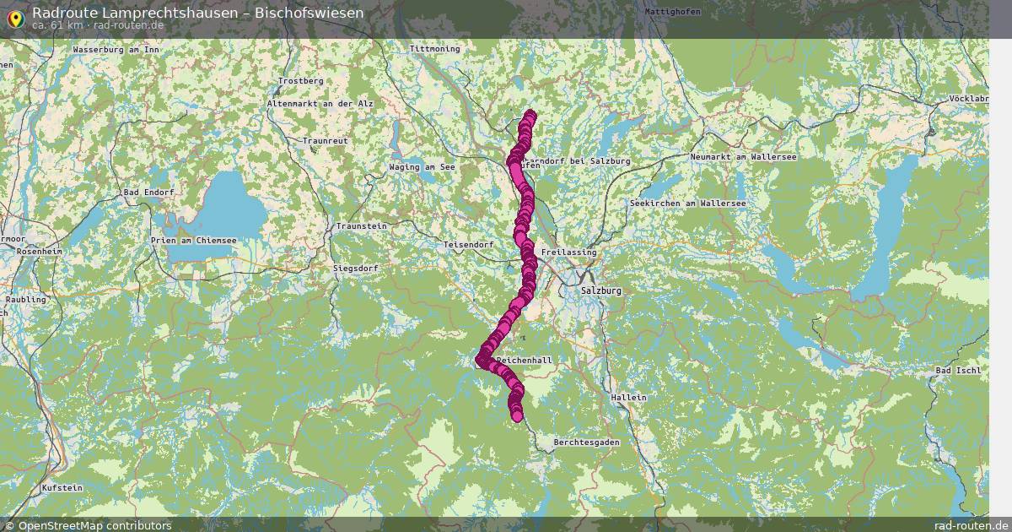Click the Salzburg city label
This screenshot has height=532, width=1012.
click(x=600, y=290)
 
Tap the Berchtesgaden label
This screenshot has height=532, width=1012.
click(x=587, y=442)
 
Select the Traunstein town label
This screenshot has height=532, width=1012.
click(x=361, y=226)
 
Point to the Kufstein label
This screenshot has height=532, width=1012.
click(x=62, y=488)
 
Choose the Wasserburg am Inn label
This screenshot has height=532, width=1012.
click(x=116, y=50)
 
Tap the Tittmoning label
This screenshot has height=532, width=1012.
click(x=434, y=49)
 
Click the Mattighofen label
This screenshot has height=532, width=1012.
click(x=673, y=12)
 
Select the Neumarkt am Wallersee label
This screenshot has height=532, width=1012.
click(x=743, y=157)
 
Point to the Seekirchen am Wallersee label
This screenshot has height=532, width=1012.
click(x=687, y=204)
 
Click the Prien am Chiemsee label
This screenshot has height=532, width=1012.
click(x=193, y=241)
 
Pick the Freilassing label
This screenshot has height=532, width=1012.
click(x=569, y=252)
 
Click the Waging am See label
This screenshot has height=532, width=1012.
click(x=423, y=167)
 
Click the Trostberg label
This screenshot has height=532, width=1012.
click(x=300, y=80)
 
